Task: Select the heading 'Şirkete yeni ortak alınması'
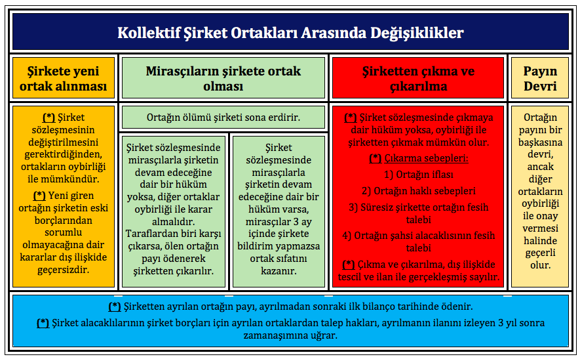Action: (x=64, y=78)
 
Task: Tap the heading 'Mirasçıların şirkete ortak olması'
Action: (x=223, y=78)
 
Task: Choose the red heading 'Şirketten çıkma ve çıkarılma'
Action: (x=418, y=78)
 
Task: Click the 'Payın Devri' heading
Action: (x=540, y=78)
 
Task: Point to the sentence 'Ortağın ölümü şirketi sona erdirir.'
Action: (x=223, y=117)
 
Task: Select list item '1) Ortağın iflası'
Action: (x=418, y=175)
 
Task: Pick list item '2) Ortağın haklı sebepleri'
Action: (x=418, y=191)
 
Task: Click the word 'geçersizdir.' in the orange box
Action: (x=64, y=270)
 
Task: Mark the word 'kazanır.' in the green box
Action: (x=279, y=271)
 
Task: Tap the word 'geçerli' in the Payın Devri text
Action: (x=540, y=253)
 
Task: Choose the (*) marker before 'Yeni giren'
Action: (x=39, y=196)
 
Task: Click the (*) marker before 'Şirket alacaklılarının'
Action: (x=43, y=323)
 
